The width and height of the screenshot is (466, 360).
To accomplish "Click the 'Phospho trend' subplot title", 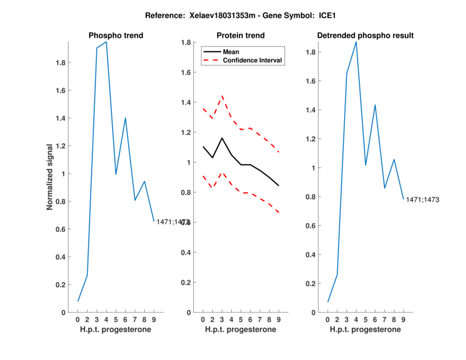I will click(116, 36).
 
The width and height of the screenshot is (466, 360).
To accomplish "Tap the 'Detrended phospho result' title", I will click(365, 36).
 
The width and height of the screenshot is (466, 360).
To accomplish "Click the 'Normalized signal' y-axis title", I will click(51, 177).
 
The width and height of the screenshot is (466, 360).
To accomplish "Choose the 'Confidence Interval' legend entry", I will click(253, 60).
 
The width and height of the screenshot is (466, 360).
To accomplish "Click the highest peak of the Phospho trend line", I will click(106, 42).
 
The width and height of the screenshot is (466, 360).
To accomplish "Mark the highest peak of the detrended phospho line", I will click(356, 42).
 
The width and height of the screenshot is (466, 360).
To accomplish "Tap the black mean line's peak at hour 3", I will click(222, 138).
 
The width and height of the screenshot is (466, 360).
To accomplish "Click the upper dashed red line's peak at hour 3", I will click(222, 96).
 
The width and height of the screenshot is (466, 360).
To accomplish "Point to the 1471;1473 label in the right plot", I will click(422, 200).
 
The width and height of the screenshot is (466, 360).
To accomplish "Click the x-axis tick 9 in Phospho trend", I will click(154, 320).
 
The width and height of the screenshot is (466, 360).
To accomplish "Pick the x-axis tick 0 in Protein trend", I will click(203, 320).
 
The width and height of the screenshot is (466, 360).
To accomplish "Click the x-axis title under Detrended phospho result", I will click(365, 330).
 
